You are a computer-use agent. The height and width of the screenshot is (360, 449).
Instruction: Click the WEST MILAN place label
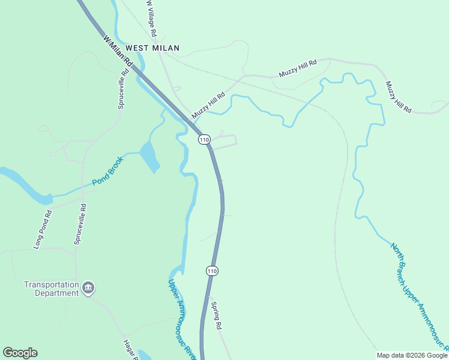152,47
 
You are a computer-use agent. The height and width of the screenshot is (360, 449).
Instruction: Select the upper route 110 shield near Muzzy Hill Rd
205,140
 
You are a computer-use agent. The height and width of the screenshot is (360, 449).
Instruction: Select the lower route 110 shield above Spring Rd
212,271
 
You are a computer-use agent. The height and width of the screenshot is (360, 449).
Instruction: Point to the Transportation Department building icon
88,289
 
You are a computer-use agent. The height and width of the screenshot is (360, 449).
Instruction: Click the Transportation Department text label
52,289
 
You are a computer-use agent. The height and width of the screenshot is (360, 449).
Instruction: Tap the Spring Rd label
217,314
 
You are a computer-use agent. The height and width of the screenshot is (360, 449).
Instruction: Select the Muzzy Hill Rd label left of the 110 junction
208,105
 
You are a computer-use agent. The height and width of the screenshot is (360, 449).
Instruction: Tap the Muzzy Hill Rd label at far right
399,97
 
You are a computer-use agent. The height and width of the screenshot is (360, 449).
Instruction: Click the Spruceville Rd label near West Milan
122,90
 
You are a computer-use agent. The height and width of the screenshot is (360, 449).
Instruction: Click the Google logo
20,353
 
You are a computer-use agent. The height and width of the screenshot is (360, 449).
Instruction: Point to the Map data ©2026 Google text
412,355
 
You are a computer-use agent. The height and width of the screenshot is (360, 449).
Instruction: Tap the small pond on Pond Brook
149,157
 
